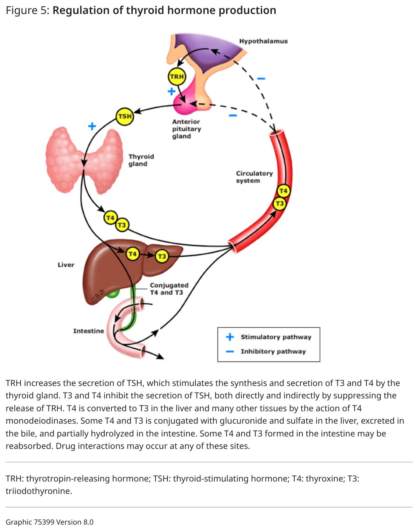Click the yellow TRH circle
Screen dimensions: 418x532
tap(176, 76)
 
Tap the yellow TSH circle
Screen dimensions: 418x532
tap(125, 116)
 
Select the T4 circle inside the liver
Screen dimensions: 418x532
tap(132, 254)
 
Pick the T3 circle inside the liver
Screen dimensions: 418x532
tap(162, 256)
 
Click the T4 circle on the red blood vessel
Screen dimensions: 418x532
tap(283, 191)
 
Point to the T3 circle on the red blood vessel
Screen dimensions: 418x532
tap(280, 203)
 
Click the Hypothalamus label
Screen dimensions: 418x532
tap(263, 41)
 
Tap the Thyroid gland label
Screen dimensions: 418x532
tap(141, 160)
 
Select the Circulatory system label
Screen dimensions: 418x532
tap(254, 177)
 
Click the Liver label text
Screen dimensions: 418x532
tap(66, 265)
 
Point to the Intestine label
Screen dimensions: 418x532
tap(88, 331)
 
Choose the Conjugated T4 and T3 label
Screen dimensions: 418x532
tap(169, 289)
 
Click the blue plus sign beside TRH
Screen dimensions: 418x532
tap(171, 92)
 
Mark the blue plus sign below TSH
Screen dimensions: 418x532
tap(92, 126)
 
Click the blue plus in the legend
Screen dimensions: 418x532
tap(230, 337)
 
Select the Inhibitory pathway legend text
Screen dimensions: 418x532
tap(273, 351)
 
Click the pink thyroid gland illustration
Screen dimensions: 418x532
tap(84, 160)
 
